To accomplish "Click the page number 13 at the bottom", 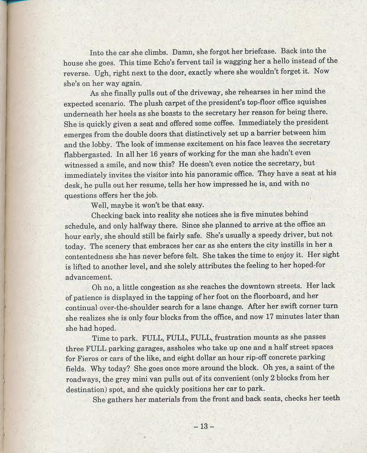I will pos(204,426).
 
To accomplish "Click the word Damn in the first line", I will pos(183,52).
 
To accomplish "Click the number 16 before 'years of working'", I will pos(154,154).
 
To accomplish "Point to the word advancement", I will pos(89,277).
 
